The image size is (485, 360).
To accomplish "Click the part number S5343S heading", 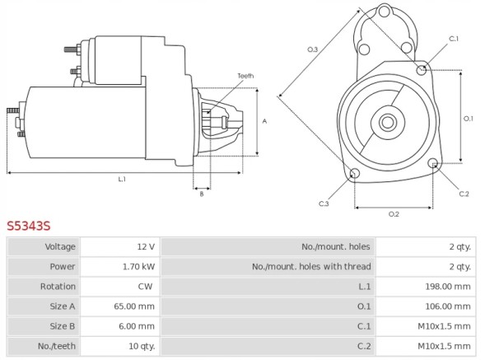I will (x=29, y=225).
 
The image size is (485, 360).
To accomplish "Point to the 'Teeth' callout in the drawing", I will (x=245, y=76).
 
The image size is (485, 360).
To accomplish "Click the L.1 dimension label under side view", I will (x=122, y=179).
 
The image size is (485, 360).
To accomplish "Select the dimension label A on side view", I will (x=263, y=121).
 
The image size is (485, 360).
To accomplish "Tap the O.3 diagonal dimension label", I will (x=313, y=50).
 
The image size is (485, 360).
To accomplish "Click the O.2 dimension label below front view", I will (x=394, y=214).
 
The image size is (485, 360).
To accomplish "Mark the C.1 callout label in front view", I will (x=454, y=39).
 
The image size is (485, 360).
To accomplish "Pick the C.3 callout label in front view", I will (x=324, y=203).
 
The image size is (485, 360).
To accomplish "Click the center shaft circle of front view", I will (x=387, y=123).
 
